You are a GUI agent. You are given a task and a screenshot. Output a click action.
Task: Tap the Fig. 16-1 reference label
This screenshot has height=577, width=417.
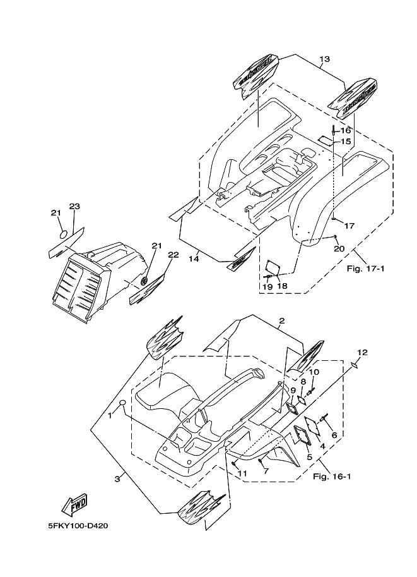point(332,476)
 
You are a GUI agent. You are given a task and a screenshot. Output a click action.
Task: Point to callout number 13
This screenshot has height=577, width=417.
point(324,60)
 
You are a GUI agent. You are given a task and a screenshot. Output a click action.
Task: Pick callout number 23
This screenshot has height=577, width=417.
point(74,207)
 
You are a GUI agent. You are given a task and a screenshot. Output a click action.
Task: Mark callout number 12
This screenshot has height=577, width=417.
point(361,352)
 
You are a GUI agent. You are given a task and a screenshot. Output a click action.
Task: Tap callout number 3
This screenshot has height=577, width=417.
point(117,479)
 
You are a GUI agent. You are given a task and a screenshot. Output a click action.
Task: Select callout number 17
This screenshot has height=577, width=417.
point(349,226)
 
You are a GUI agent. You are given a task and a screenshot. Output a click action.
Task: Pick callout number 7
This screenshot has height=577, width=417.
point(266,471)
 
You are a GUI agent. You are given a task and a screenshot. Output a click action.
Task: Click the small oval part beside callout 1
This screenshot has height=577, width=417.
point(124,403)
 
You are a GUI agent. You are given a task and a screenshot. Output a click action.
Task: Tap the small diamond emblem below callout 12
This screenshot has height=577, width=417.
point(356,365)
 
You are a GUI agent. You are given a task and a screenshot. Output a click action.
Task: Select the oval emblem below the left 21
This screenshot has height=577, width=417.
point(62,234)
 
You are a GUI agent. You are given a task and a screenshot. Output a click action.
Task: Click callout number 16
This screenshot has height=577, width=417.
point(346,131)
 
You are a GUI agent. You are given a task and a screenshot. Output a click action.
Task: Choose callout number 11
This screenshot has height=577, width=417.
point(243,472)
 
